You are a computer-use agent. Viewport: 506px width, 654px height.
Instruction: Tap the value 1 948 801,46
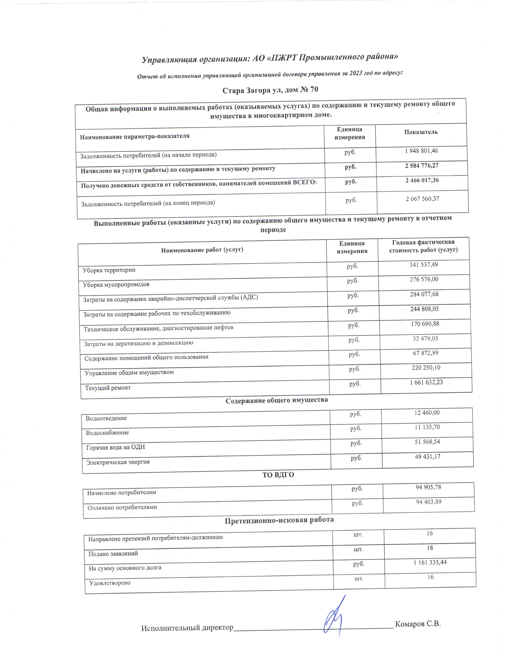coord(421,151)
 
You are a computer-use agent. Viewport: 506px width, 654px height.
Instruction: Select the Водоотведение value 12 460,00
coord(427,413)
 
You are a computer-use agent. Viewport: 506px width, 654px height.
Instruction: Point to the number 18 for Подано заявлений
coord(430,548)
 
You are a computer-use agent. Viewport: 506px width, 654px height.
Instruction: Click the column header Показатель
coord(420,132)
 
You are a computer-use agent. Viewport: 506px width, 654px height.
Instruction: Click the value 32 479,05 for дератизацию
coord(425,338)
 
